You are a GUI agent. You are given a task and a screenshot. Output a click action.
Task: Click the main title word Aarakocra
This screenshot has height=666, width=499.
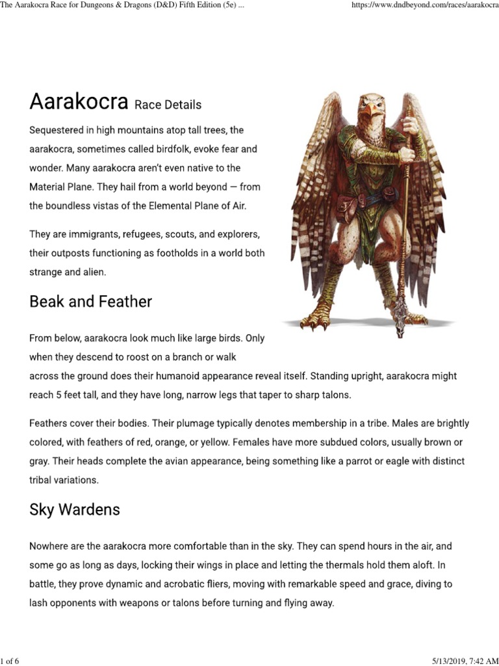79,102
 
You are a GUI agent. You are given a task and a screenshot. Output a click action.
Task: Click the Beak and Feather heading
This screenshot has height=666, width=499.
90,302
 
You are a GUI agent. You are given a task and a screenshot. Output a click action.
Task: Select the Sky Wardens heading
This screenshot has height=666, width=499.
75,509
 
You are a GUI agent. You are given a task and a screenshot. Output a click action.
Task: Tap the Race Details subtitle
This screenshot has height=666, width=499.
168,105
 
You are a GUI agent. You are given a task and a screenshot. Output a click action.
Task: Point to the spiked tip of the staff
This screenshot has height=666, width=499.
400,328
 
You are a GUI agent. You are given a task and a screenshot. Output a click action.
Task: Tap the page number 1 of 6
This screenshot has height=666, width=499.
10,661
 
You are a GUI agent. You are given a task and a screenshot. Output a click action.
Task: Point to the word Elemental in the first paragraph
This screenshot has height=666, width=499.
153,206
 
